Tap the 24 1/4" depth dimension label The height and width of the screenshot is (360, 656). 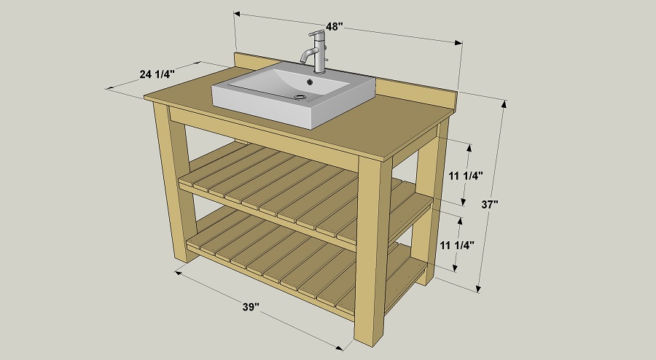pyautogui.click(x=157, y=73)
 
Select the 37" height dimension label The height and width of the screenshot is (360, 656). pyautogui.click(x=490, y=206)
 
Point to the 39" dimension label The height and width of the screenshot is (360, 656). pyautogui.click(x=251, y=308)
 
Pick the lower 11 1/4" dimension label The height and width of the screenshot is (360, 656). pyautogui.click(x=457, y=245)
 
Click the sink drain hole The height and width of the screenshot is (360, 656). pyautogui.click(x=300, y=95)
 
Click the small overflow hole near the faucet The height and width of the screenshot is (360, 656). pyautogui.click(x=312, y=81)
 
